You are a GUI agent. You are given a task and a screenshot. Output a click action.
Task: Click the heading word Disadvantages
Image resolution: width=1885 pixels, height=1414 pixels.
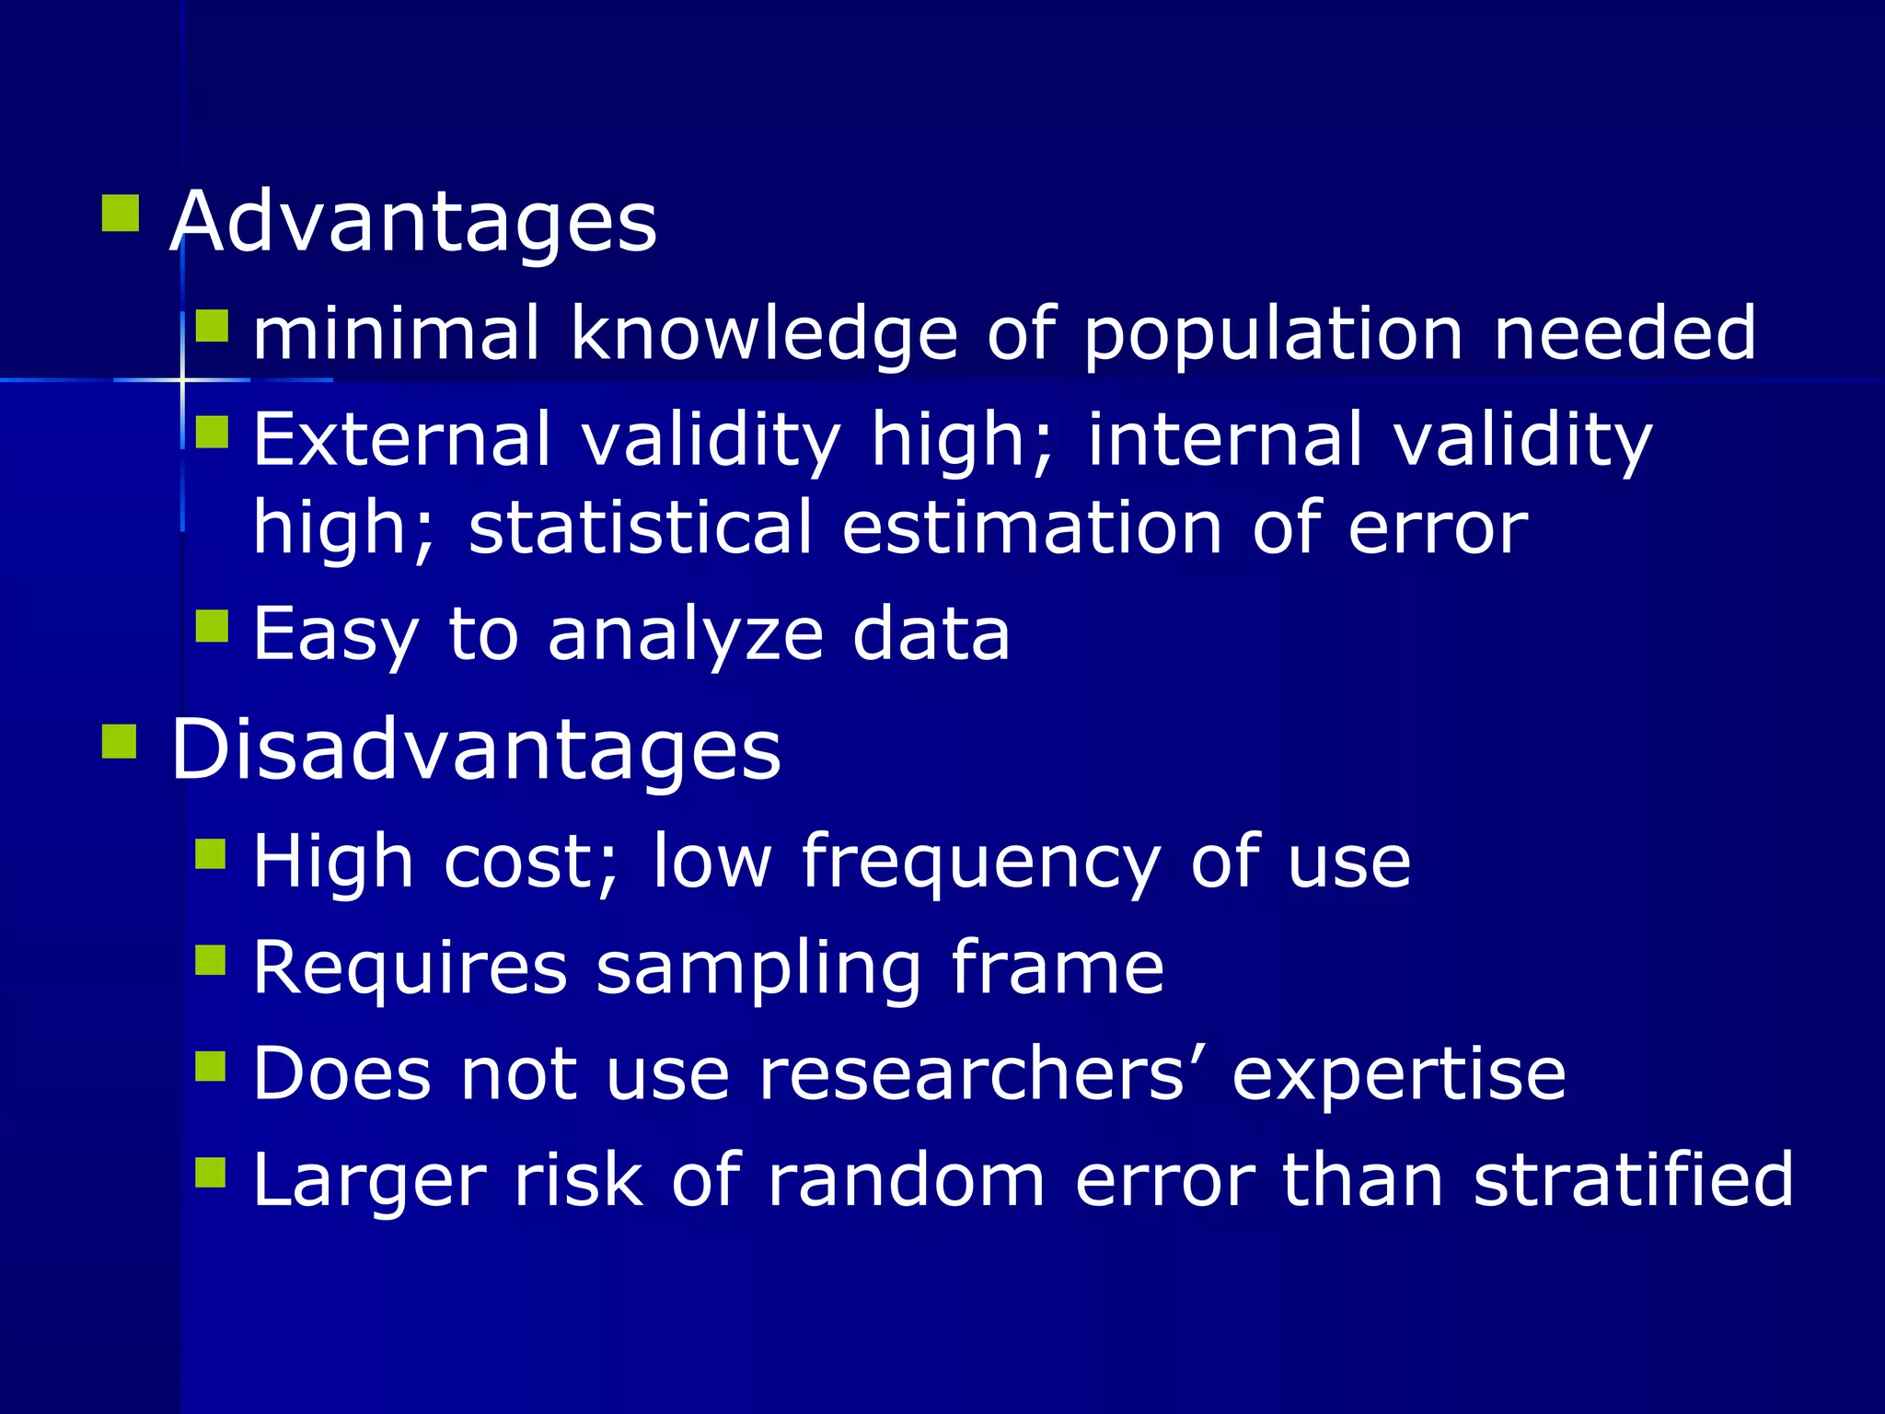coord(476,749)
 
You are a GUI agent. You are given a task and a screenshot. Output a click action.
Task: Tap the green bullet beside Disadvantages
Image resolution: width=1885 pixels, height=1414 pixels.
coord(120,741)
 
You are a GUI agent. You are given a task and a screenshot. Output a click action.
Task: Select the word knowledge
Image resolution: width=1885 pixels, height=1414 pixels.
coord(764,333)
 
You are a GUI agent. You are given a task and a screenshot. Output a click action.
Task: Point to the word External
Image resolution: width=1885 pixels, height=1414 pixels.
coord(402,439)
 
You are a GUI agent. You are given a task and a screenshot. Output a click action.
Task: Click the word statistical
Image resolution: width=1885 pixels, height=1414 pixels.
coord(641,528)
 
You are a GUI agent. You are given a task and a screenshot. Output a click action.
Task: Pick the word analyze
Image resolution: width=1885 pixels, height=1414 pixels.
coord(686,635)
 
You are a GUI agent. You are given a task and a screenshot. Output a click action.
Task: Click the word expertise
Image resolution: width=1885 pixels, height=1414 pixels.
coord(1399,1074)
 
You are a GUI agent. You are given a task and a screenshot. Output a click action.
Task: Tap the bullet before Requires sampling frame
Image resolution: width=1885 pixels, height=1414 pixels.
coord(211,959)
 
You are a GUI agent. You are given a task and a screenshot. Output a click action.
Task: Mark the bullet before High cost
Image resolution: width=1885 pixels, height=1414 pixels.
coord(211,853)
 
